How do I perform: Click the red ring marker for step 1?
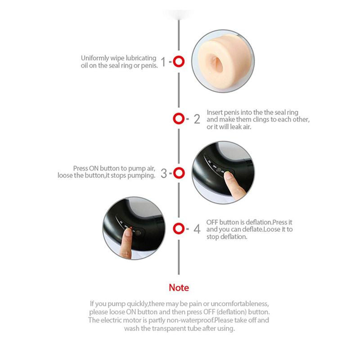pyautogui.click(x=179, y=62)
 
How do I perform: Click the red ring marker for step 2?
pyautogui.click(x=179, y=119)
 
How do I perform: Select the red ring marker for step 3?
pyautogui.click(x=179, y=172)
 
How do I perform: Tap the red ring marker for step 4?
pyautogui.click(x=179, y=228)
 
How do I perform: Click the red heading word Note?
pyautogui.click(x=179, y=288)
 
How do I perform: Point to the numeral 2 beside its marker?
pyautogui.click(x=197, y=119)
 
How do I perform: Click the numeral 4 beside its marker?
pyautogui.click(x=197, y=229)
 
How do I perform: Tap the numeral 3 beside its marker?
pyautogui.click(x=164, y=173)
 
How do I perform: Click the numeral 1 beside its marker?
pyautogui.click(x=164, y=62)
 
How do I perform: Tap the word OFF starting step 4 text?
pyautogui.click(x=212, y=222)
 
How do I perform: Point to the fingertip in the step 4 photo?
pyautogui.click(x=128, y=233)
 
